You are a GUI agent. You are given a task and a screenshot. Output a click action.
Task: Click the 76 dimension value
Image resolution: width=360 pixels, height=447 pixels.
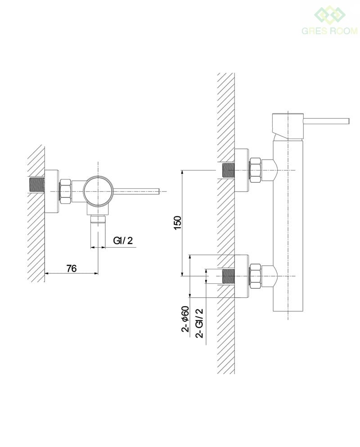(71, 268)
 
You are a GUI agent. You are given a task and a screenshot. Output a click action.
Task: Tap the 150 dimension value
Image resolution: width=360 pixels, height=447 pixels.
(177, 223)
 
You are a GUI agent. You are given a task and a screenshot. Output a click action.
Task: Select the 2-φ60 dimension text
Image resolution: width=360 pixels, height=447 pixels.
(185, 319)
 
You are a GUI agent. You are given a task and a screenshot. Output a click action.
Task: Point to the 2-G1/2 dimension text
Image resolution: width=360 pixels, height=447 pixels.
(199, 323)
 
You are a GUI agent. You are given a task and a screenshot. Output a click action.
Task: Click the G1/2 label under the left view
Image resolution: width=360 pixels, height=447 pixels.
(123, 241)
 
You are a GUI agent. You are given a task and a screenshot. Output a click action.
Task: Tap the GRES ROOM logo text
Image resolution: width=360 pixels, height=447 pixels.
(329, 31)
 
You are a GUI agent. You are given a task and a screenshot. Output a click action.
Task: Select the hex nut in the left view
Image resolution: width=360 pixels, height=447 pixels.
(65, 191)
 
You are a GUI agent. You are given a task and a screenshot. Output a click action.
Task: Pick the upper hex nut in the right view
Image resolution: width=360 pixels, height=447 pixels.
(255, 170)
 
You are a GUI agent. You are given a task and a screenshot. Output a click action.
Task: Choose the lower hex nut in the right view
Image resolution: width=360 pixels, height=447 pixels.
(255, 276)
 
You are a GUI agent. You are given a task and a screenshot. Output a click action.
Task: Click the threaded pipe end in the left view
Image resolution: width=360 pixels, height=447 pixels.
(36, 185)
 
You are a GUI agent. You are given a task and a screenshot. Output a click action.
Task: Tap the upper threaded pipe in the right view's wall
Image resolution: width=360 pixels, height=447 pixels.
(228, 170)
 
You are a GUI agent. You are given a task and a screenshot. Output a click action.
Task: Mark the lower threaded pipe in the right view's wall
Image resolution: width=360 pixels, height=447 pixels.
(228, 276)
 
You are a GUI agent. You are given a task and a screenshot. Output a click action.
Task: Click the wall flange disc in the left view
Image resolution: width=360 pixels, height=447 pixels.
(52, 191)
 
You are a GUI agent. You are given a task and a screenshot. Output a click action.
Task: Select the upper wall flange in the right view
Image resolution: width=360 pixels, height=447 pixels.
(242, 170)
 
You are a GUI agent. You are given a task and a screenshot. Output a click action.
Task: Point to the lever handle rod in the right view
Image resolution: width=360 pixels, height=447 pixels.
(326, 121)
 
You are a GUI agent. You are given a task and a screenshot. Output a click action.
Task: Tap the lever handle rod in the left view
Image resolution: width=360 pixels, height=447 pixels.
(136, 191)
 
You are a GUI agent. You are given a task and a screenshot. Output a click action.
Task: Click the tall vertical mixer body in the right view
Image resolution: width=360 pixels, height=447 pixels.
(288, 225)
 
